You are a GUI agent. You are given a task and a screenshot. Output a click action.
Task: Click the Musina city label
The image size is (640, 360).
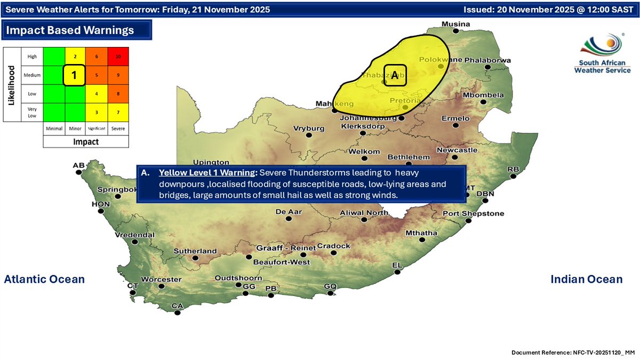(455, 24)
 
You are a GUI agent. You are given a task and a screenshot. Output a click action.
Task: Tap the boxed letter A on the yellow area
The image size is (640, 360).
(395, 76)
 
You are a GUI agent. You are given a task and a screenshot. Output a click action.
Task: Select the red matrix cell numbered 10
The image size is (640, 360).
(117, 57)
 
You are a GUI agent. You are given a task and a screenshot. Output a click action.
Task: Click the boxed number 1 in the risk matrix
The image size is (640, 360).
(75, 75)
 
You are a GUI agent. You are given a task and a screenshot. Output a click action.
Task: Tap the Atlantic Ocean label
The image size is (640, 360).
(44, 279)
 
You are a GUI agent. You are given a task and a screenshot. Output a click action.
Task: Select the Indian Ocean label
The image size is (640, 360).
(586, 279)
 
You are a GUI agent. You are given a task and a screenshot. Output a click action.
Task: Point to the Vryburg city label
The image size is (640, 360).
(308, 129)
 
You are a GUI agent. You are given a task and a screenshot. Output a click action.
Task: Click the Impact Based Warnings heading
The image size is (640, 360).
(70, 30)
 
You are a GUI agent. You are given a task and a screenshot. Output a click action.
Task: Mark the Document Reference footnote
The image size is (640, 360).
(573, 353)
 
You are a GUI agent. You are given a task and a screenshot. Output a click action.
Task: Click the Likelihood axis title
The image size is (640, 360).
(11, 84)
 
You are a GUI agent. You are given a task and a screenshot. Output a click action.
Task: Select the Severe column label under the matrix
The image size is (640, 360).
(117, 129)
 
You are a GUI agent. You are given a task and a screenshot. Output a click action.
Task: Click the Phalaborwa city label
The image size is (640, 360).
(487, 60)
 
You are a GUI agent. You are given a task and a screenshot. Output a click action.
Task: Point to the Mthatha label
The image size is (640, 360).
(421, 233)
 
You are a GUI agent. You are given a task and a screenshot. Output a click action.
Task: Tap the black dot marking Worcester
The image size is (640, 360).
(162, 286)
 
